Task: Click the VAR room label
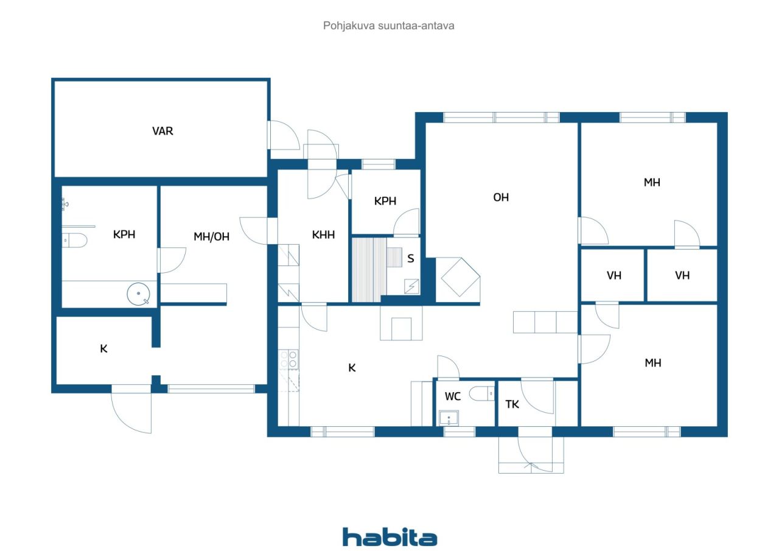(x=162, y=131)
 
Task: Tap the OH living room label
(x=500, y=197)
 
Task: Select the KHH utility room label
(x=323, y=235)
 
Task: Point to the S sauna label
(x=410, y=259)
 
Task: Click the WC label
(x=452, y=396)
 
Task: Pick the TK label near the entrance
(x=512, y=404)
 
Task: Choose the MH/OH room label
(x=211, y=237)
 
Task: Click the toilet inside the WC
(x=483, y=395)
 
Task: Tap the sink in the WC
(x=449, y=418)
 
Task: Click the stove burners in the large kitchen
(x=288, y=359)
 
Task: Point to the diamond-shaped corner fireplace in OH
(x=459, y=278)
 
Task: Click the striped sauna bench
(x=369, y=270)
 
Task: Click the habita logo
(x=389, y=537)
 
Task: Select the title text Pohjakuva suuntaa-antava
(x=389, y=26)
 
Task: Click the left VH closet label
(x=613, y=276)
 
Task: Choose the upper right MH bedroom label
(x=652, y=182)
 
